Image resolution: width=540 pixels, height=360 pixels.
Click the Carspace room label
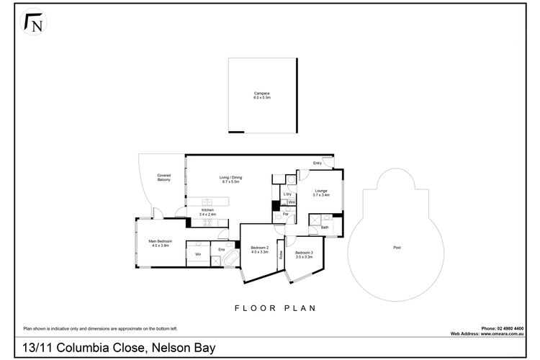tap(261, 94)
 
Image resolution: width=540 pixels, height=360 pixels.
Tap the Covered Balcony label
tap(164, 177)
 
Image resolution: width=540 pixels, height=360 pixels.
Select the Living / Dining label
tap(230, 179)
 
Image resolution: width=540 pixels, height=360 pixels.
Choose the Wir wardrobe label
tap(197, 254)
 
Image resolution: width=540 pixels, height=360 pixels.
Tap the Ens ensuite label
tap(222, 249)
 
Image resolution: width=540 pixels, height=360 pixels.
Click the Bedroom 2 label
tap(259, 250)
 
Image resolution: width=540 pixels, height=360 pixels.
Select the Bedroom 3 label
tap(304, 254)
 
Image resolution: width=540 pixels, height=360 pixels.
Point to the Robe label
tap(280, 255)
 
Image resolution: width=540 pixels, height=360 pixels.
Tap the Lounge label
tap(320, 192)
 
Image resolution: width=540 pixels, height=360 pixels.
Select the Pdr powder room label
tap(285, 215)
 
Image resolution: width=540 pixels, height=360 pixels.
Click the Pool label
tap(397, 248)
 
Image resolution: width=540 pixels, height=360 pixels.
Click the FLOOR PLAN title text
tap(276, 307)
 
